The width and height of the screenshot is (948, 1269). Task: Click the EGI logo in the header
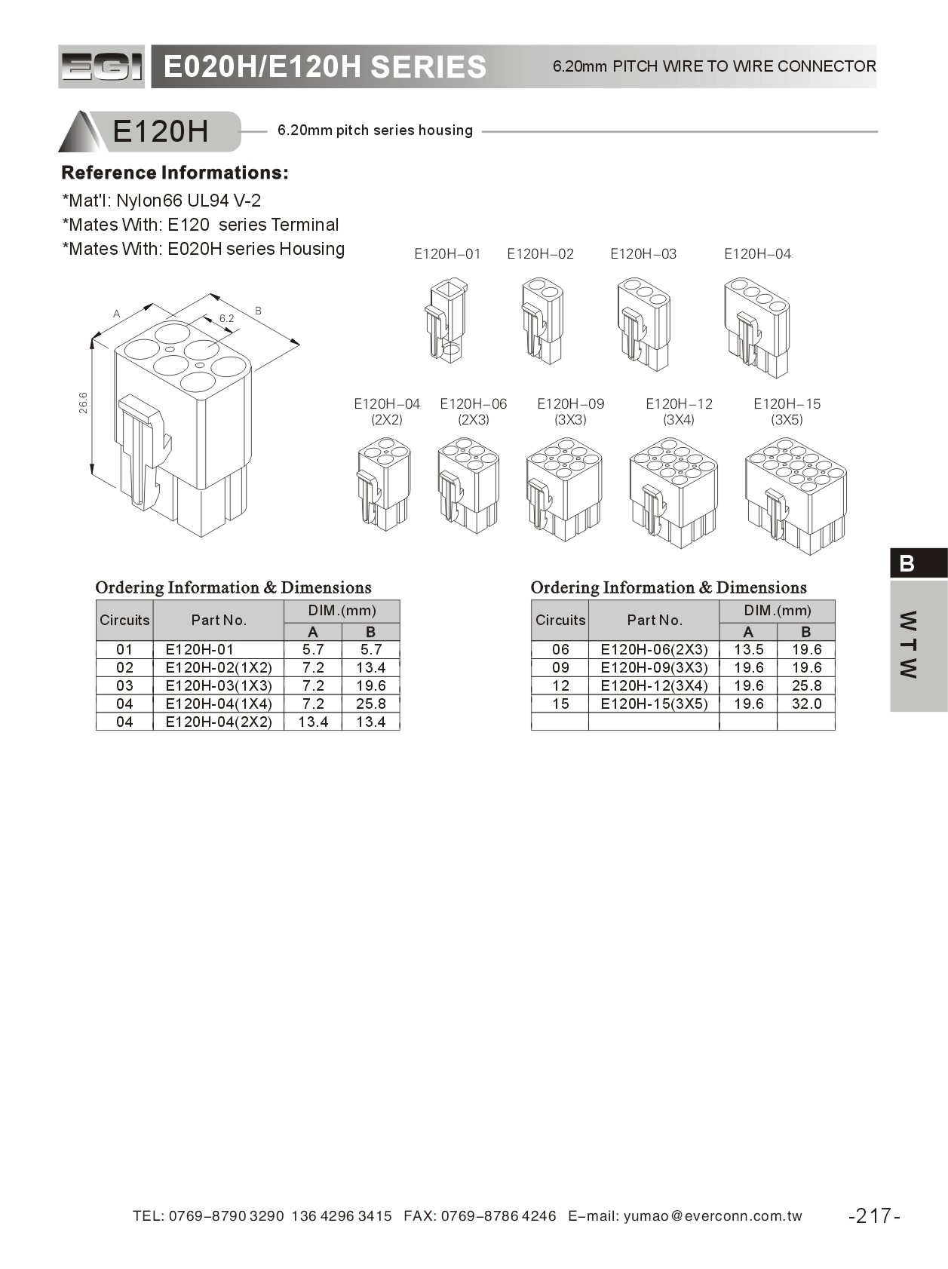click(x=101, y=67)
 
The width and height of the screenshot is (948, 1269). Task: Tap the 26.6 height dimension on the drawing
click(x=83, y=403)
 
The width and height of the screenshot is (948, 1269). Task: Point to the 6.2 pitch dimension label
click(x=226, y=318)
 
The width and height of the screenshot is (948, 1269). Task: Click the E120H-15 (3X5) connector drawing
click(x=795, y=495)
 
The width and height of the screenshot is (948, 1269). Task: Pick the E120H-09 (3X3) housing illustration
click(x=564, y=489)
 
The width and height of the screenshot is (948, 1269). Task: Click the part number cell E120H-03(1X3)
click(x=218, y=685)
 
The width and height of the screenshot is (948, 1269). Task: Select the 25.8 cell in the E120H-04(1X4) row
click(x=370, y=703)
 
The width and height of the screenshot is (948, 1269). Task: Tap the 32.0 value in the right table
click(x=806, y=703)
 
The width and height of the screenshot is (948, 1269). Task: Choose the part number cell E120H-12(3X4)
click(x=654, y=685)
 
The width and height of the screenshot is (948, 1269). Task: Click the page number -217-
click(x=874, y=1215)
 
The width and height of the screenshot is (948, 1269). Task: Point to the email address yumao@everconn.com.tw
click(x=713, y=1215)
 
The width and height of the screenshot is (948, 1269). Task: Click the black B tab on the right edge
click(x=918, y=563)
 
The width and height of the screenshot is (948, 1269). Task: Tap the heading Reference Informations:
click(x=175, y=173)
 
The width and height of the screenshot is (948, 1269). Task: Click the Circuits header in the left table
click(x=124, y=620)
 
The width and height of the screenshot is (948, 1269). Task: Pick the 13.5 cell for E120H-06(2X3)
click(x=748, y=649)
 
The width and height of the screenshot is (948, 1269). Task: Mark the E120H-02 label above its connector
click(x=540, y=254)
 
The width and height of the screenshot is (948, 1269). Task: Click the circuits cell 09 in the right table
click(x=560, y=667)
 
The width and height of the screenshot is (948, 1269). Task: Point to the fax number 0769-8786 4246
click(x=499, y=1215)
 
